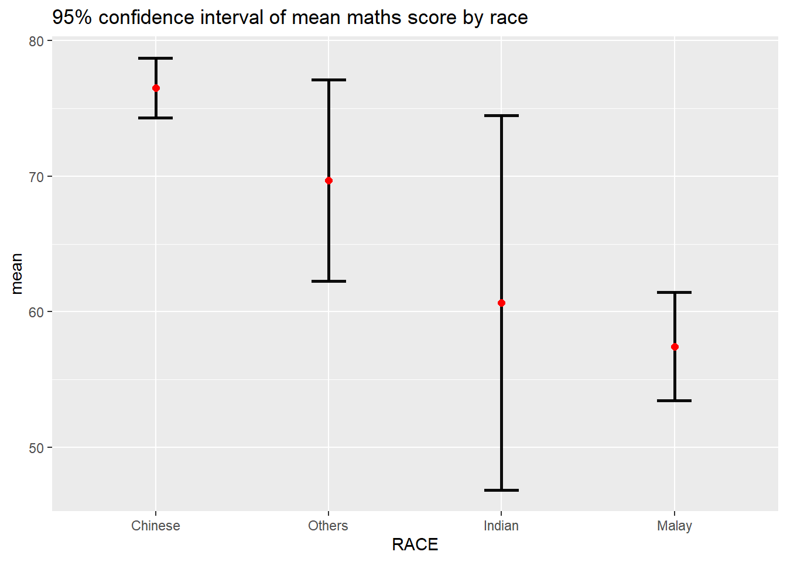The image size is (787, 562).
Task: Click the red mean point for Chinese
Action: pos(156,88)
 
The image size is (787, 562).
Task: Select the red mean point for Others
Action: pos(329,180)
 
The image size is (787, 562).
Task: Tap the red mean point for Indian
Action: pos(501,303)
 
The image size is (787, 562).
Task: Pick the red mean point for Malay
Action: pos(675,347)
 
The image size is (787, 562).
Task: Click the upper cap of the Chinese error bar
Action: pos(156,59)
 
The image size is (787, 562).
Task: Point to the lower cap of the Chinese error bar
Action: pos(156,118)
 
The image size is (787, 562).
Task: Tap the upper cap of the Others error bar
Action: pos(329,80)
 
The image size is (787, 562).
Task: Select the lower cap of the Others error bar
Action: pos(329,282)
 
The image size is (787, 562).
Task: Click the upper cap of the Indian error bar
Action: pos(501,116)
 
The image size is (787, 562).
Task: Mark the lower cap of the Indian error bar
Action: pos(501,490)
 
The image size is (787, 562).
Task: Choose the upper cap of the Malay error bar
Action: pos(675,292)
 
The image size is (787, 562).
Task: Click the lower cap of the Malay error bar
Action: pos(675,401)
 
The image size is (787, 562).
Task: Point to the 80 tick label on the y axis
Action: pos(36,41)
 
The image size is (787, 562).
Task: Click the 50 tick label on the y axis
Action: pos(36,448)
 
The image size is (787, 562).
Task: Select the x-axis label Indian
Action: pos(501,526)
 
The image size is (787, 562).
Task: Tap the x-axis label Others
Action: pos(328,526)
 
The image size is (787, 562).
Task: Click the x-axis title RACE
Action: pos(415,545)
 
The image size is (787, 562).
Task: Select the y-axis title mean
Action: pos(16,273)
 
